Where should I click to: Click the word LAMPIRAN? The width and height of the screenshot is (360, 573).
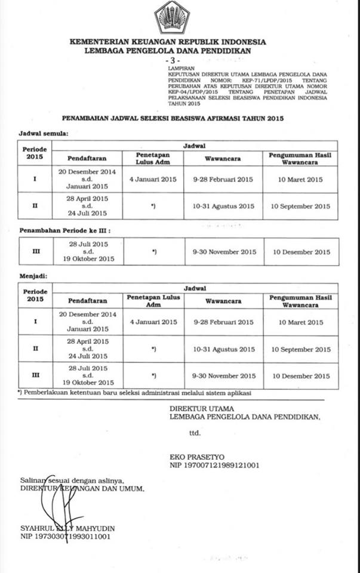pyautogui.click(x=180, y=69)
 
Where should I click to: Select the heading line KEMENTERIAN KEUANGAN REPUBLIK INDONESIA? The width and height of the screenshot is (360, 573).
pyautogui.click(x=168, y=42)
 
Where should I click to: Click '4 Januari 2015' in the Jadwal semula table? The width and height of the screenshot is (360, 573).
pyautogui.click(x=153, y=180)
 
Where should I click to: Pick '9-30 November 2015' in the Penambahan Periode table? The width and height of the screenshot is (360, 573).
pyautogui.click(x=224, y=252)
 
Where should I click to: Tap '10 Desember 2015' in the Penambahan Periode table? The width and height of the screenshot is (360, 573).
pyautogui.click(x=301, y=252)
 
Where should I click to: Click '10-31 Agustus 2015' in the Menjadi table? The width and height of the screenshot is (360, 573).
pyautogui.click(x=224, y=349)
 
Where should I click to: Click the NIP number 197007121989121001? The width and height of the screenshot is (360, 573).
pyautogui.click(x=214, y=464)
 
